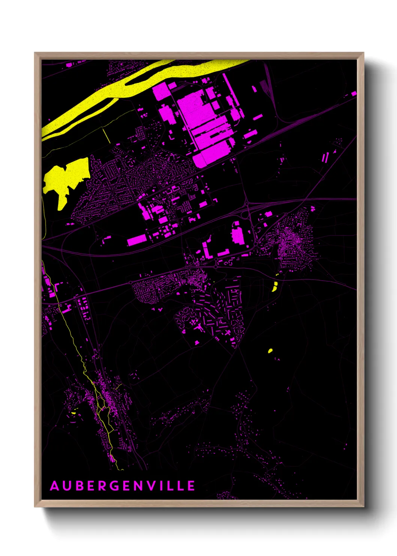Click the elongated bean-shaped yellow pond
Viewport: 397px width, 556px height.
pos(274,287)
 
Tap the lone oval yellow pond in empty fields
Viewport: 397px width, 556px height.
pos(270,351)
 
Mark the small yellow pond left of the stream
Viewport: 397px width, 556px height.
pos(74,413)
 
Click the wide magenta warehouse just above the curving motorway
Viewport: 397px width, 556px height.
pos(137,240)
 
